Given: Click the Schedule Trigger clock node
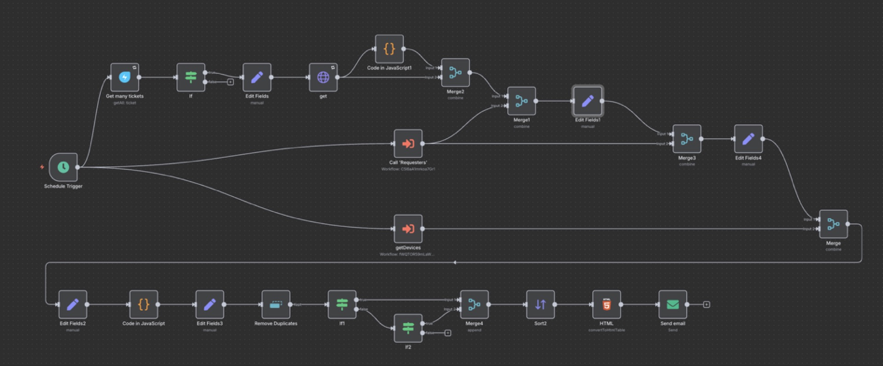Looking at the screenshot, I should coord(63,167).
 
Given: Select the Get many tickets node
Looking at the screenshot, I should coord(125,77).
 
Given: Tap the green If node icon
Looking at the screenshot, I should coord(191,77).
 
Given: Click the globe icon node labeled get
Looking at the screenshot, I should coord(323,77).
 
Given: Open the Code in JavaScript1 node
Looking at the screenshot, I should coord(390,49).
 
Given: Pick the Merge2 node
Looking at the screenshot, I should coord(455,73).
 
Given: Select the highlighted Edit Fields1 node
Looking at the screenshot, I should coord(588,101).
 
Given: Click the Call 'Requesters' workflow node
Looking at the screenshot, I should coord(408,144).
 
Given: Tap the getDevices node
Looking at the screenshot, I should coord(408,229).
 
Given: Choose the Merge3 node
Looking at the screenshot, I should coord(687,139).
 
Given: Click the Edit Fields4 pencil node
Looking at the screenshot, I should coord(748,139).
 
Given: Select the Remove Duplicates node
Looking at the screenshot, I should coord(276,304).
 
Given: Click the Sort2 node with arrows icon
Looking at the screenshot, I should coord(540,304).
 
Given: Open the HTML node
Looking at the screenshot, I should coord(607,304).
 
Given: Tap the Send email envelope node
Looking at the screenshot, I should coord(672,304).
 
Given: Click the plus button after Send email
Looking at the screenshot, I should coord(706,304).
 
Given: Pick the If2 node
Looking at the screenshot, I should coord(408,328).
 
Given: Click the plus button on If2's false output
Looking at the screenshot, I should coord(447,333).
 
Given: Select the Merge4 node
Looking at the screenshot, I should coord(474,304).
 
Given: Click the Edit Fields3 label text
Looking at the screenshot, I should coord(210,324).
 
